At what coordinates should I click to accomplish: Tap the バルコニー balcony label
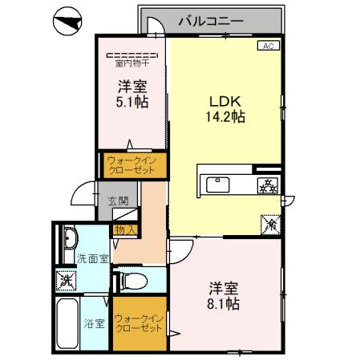coord(209,21)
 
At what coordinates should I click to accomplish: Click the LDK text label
coord(224,102)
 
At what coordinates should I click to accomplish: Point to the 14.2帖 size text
coord(224,116)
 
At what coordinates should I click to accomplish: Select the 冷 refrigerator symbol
coord(271,225)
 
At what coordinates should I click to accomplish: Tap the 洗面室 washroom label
coord(92,259)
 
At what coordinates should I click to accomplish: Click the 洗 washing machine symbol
coord(65,281)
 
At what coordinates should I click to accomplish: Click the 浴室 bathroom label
coord(95,324)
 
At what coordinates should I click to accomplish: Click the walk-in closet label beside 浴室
coord(140,324)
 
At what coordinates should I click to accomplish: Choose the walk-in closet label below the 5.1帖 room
coord(133,166)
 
